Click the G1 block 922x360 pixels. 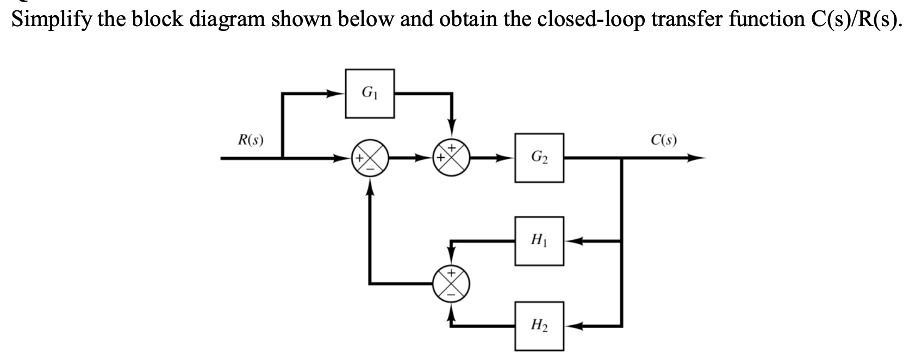[x=370, y=94]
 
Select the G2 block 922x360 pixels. [x=539, y=158]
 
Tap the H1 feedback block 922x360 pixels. [x=539, y=240]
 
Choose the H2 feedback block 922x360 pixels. [x=539, y=326]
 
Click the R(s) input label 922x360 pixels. [x=251, y=141]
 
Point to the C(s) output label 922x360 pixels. [x=663, y=141]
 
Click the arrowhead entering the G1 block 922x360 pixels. [x=340, y=94]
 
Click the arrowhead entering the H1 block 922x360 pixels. [x=571, y=240]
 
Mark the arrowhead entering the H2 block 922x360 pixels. [x=571, y=326]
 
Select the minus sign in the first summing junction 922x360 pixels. [x=370, y=169]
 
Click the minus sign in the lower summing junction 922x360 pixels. [x=451, y=294]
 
